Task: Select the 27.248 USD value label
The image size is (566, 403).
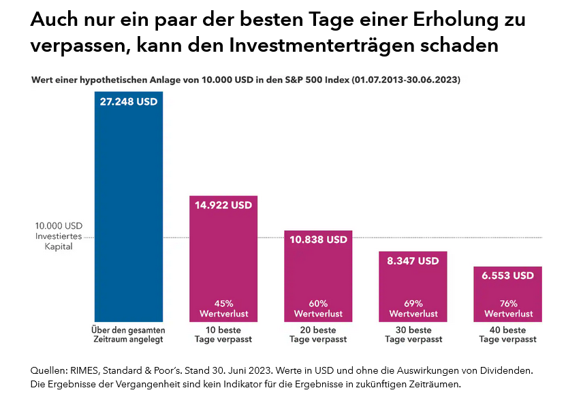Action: coord(129,103)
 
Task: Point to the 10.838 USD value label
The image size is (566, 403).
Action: coord(318,240)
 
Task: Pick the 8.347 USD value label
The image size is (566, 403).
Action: coord(413,261)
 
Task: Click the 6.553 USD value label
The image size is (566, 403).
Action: coord(508,276)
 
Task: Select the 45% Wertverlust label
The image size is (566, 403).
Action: coord(223,308)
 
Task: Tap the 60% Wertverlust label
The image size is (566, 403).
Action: coord(318,308)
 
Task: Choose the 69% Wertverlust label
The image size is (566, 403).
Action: coord(413,308)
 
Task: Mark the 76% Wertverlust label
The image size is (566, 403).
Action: coord(508,308)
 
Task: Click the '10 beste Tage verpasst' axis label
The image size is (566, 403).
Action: coord(223,334)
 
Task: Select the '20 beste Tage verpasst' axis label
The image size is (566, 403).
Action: coord(318,334)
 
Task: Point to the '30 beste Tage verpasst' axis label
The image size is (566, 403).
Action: coord(413,334)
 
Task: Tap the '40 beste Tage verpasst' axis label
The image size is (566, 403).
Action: coord(508,334)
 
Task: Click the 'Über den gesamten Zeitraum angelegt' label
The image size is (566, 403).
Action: coord(129,334)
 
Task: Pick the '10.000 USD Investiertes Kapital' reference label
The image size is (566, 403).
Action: coord(59,236)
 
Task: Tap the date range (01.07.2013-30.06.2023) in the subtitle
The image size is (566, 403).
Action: coord(406,80)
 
